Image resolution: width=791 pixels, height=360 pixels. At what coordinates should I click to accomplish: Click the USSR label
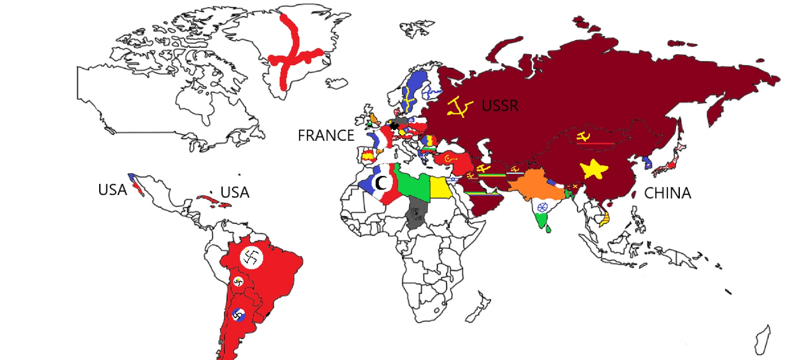point(500,106)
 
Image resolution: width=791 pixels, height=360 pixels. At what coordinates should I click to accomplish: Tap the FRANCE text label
point(326,135)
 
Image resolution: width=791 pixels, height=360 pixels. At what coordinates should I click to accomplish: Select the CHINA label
point(667,193)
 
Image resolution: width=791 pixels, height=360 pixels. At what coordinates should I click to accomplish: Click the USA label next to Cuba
point(235,192)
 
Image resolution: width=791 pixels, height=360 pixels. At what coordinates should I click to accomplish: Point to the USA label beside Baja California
point(112,190)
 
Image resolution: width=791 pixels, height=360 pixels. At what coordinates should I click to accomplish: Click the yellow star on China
point(593,169)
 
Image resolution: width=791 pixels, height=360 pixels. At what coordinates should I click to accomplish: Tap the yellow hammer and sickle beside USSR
point(459,107)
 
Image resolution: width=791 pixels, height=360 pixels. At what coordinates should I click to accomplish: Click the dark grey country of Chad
point(416,213)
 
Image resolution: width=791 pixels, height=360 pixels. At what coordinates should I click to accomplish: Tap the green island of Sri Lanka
point(548,229)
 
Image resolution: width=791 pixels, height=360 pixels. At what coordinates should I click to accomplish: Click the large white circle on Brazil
point(251,257)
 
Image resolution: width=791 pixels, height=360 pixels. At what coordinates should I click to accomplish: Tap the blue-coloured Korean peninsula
point(646,163)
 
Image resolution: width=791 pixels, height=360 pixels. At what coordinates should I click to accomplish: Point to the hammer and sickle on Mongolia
point(583,136)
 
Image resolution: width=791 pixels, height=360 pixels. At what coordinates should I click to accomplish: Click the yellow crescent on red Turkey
point(449,159)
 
